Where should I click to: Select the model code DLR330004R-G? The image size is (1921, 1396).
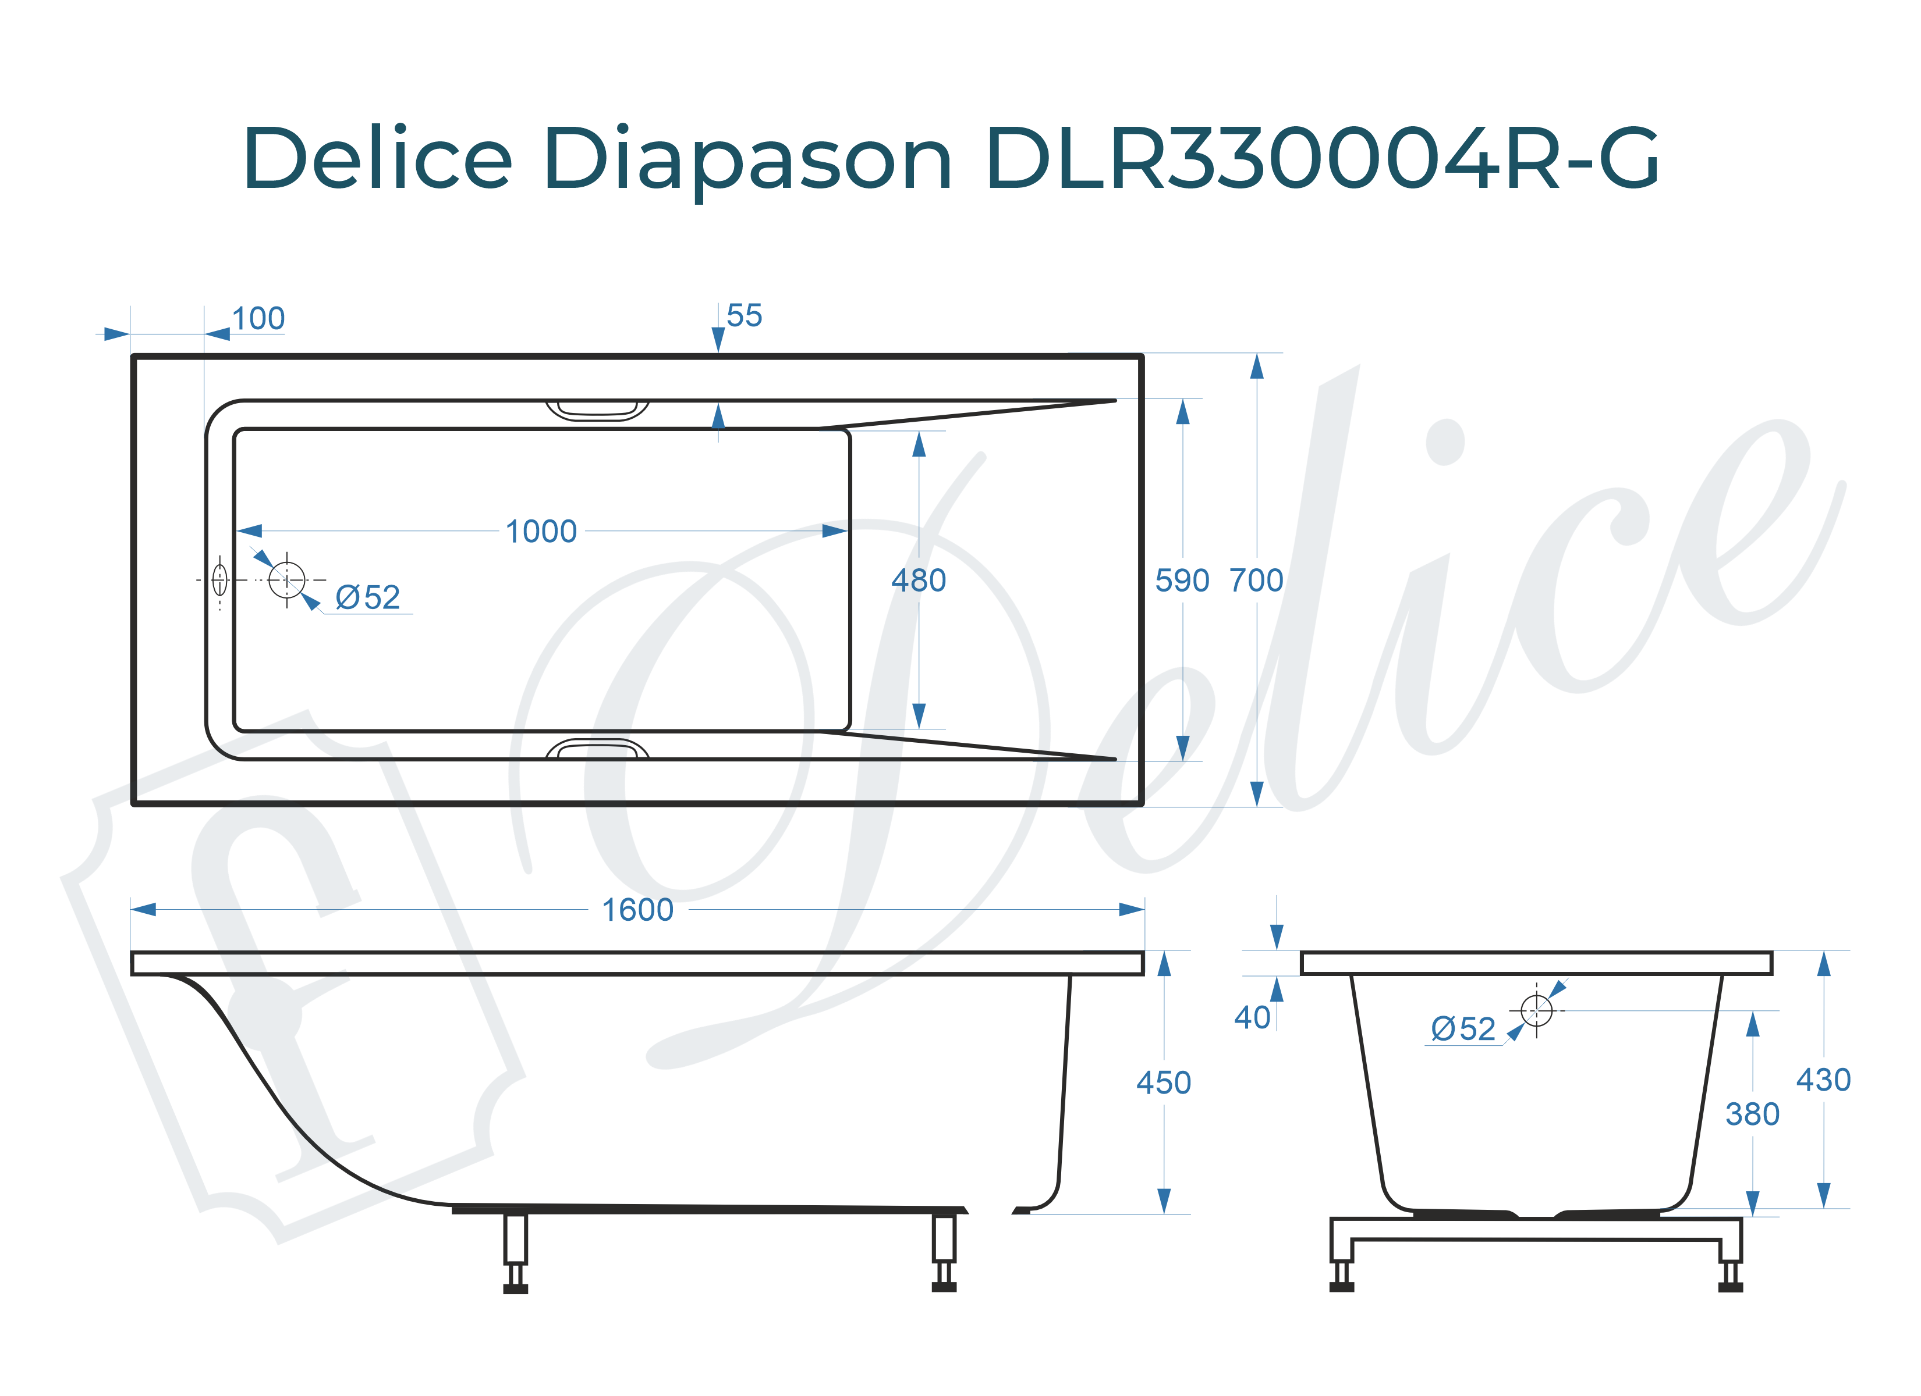tap(1321, 159)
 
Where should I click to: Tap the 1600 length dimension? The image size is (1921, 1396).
tap(637, 910)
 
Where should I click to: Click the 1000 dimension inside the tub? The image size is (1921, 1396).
tap(540, 532)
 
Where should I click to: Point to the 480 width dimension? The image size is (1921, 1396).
tap(918, 581)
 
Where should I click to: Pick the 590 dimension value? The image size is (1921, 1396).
tap(1182, 581)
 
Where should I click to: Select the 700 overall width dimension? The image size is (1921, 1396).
tap(1256, 581)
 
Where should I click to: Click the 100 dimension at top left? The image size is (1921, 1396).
tap(258, 319)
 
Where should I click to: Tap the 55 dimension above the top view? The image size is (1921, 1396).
tap(744, 316)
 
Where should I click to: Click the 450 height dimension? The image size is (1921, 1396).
tap(1163, 1082)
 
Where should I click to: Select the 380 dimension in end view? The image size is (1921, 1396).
tap(1752, 1114)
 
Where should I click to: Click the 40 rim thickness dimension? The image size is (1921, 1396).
tap(1252, 1017)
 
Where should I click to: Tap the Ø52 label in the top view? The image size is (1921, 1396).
tap(367, 598)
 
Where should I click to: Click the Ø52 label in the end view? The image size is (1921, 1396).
tap(1463, 1030)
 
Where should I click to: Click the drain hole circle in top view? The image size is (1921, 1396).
tap(286, 580)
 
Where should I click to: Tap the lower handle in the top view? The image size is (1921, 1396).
tap(597, 749)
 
